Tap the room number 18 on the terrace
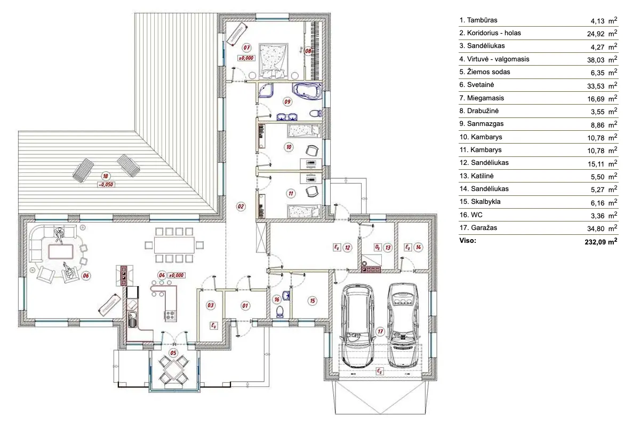pyautogui.click(x=106, y=176)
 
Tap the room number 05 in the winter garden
pyautogui.click(x=173, y=353)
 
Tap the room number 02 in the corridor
pyautogui.click(x=241, y=206)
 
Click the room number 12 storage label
pyautogui.click(x=347, y=247)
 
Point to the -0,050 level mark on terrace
pyautogui.click(x=106, y=185)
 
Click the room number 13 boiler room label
pyautogui.click(x=388, y=247)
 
